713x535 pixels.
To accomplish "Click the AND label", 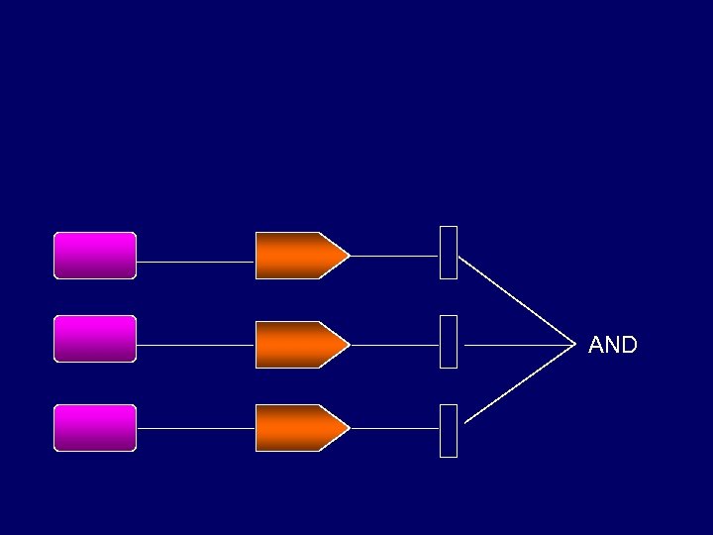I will [612, 345].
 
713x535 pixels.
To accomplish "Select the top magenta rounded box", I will [95, 256].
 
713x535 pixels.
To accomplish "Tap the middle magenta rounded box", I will [95, 339].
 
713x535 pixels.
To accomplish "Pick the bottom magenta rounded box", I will [95, 428].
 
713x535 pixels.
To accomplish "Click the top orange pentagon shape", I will [297, 256].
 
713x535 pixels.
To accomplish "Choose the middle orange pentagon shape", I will [297, 345].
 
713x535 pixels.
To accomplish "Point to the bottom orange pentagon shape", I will [297, 428].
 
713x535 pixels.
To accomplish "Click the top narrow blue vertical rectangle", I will [449, 253].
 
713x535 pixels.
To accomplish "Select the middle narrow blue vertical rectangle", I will [449, 342].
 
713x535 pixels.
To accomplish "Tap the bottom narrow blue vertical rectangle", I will [449, 431].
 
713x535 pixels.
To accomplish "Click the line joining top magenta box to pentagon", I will [195, 263].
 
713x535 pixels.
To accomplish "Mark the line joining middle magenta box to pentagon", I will [195, 346].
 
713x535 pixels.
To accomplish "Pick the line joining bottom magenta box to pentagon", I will [195, 428].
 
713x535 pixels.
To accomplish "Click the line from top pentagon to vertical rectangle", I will [394, 256].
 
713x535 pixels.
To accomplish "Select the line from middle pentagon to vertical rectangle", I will [394, 345].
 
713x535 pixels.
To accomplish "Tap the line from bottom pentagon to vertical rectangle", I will [394, 428].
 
